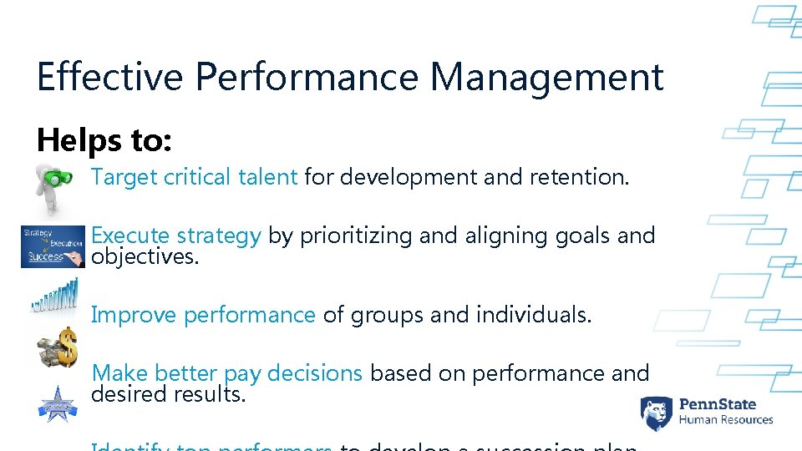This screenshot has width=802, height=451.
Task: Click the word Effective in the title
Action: point(109,77)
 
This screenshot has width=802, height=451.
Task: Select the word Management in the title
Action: point(546,77)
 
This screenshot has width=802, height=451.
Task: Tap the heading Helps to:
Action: point(104,140)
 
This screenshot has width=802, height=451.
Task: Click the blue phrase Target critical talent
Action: point(194,177)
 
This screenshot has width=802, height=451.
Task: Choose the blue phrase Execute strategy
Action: point(176,236)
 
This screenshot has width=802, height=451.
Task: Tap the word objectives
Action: point(145,256)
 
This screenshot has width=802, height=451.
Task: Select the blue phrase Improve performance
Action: point(203,315)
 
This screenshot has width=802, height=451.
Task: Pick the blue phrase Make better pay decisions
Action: point(226,373)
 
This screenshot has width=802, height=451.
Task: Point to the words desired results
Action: point(169,393)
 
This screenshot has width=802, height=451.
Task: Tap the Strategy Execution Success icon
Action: point(53,247)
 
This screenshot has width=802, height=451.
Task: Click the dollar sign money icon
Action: point(58,347)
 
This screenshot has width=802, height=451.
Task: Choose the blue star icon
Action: point(56,403)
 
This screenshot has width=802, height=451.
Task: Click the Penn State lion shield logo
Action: point(657,413)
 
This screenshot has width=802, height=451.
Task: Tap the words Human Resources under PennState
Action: point(726,420)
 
